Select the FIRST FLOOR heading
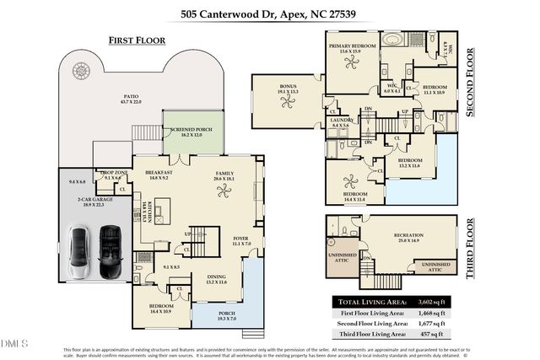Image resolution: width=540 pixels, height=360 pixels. point(137,40)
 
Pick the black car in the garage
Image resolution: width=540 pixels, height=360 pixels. point(110,245)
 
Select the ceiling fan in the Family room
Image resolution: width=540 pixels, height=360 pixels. point(224,191)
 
